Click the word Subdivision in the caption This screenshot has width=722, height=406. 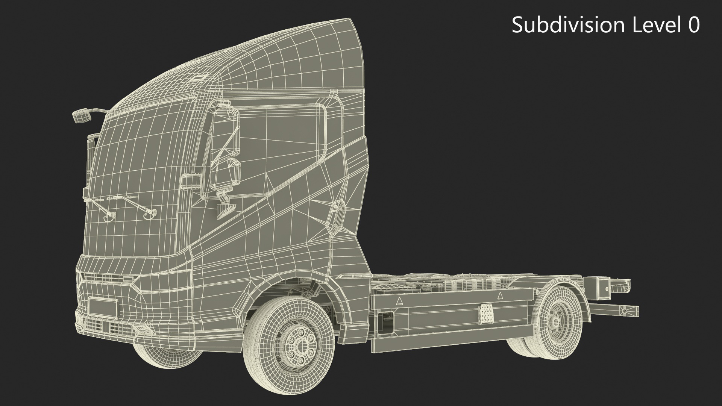(x=568, y=25)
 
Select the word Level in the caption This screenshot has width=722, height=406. (x=655, y=25)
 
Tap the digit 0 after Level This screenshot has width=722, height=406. (x=692, y=26)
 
